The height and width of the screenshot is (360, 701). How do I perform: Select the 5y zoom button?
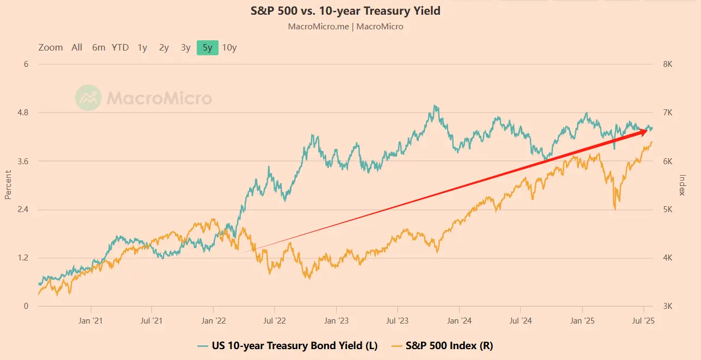coord(207,47)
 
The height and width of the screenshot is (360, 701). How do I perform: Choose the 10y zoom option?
coord(229,47)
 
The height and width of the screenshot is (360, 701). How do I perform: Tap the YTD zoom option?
coord(120,47)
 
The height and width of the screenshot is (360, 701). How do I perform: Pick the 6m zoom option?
coord(98,47)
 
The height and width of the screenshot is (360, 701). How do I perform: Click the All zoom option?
coord(77,47)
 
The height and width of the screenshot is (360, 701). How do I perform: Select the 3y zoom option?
coord(185,47)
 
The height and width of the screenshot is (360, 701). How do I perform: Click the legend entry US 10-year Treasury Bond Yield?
coord(287,345)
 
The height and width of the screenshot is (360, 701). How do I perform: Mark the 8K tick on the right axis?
coord(667,64)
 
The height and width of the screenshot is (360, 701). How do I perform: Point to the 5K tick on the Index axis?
coord(667,209)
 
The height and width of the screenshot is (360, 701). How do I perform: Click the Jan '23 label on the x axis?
coord(337,321)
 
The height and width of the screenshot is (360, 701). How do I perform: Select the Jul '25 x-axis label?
coord(644,321)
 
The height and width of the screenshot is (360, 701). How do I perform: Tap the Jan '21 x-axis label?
coord(90,321)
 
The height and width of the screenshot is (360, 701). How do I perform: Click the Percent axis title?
coord(8,185)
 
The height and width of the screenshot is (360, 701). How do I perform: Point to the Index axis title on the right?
coord(683,185)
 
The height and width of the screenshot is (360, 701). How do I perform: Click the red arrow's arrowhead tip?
coord(648,130)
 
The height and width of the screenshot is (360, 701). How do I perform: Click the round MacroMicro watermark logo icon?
coord(88,98)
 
